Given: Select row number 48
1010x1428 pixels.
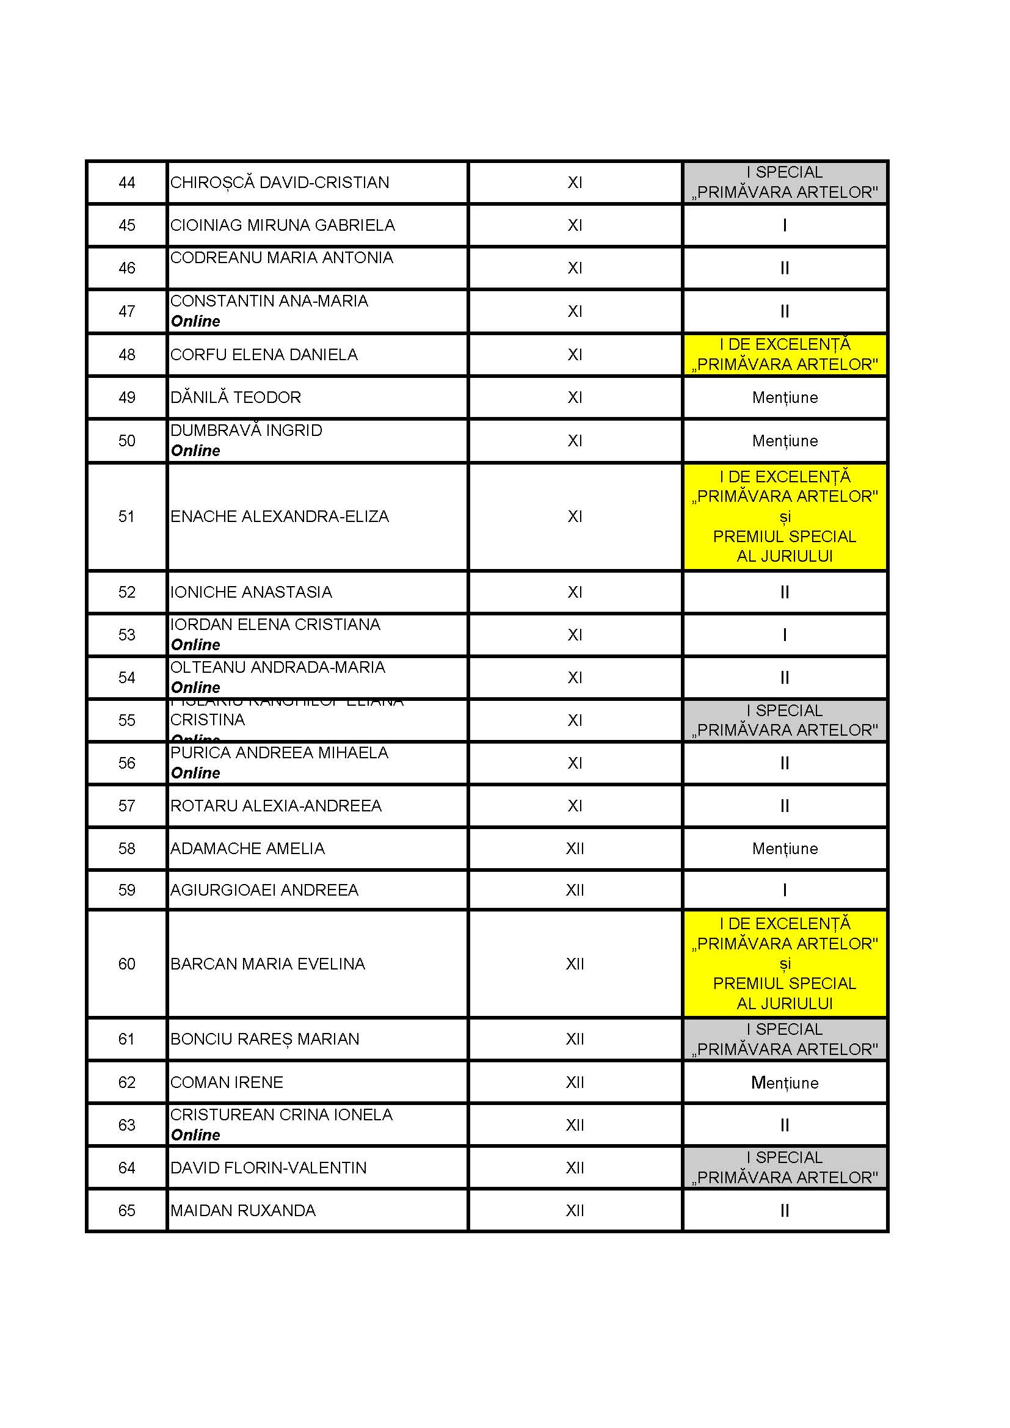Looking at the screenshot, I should [x=127, y=355].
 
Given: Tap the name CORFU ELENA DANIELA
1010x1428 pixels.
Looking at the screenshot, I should [x=264, y=355].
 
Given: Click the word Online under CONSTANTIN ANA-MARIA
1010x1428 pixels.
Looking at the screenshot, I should [x=195, y=322].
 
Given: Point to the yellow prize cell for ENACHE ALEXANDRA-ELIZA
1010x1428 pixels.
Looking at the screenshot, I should [x=784, y=516].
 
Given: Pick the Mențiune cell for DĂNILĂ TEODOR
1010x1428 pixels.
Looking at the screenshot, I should [x=784, y=397].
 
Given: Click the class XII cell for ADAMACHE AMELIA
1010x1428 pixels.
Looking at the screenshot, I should [x=575, y=849].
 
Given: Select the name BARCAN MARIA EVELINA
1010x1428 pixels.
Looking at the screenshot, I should [x=267, y=964].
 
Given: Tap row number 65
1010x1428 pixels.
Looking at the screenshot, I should [x=127, y=1210].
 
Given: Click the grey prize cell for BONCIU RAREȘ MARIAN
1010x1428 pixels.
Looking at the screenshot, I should [x=784, y=1039].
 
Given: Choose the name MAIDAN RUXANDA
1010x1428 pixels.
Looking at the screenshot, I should [x=242, y=1210].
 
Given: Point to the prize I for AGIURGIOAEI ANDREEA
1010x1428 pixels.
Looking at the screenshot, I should [x=784, y=890].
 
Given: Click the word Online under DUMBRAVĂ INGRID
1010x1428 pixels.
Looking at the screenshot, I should [x=195, y=451].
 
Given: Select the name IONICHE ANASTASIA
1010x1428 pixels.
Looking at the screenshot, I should [x=250, y=592].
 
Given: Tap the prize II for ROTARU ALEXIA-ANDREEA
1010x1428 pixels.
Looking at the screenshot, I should [x=784, y=806].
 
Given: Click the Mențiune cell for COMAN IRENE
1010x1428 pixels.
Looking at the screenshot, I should [x=784, y=1083].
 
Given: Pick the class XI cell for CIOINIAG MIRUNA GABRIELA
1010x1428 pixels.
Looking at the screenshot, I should [x=575, y=225].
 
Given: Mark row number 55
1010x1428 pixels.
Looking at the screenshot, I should [x=127, y=720].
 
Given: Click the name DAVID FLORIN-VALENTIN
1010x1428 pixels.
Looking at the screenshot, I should [x=268, y=1168].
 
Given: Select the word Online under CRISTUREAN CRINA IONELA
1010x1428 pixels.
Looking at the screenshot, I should [x=195, y=1135].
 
